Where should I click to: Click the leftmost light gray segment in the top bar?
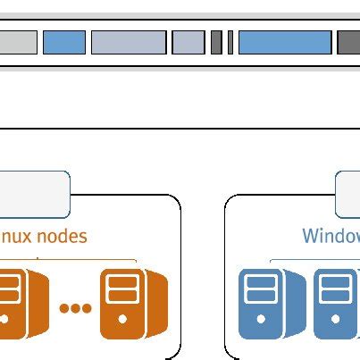coord(18,42)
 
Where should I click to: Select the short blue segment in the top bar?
coord(64,42)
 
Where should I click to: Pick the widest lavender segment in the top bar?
coord(129,42)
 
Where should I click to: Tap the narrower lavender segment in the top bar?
coord(188,42)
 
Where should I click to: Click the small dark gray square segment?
coord(216,42)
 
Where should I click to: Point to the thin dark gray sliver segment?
coord(230,42)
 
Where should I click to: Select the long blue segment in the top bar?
coord(284,42)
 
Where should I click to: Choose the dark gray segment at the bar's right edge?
coord(348,42)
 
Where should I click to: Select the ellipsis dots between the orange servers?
coord(75,308)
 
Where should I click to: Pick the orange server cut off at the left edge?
coord(16,304)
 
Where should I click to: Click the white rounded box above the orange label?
coord(34,195)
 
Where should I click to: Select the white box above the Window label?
coord(348,195)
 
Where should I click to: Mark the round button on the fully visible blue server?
coord(260,318)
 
